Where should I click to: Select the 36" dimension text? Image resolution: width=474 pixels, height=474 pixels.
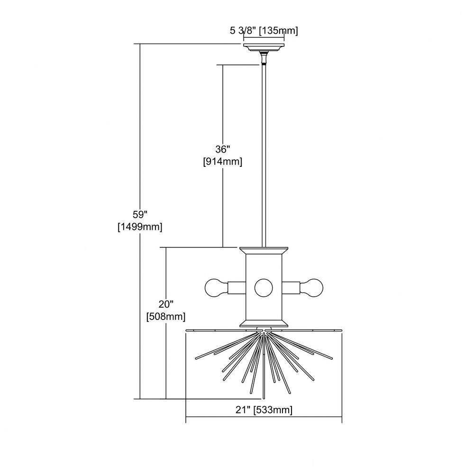[x=222, y=149]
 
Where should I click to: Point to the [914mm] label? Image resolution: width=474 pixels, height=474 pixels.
[x=222, y=162]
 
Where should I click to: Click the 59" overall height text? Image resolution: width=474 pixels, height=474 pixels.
[x=140, y=214]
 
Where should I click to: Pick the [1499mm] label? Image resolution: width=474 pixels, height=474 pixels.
[x=140, y=227]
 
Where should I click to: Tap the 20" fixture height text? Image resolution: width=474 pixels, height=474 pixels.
[x=165, y=304]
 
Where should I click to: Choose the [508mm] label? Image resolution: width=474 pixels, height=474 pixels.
[x=165, y=317]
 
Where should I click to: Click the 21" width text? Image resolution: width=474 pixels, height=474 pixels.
[x=243, y=410]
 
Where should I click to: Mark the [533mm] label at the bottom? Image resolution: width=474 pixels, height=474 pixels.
[x=273, y=410]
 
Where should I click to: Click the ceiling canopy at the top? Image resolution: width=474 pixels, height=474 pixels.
[x=264, y=47]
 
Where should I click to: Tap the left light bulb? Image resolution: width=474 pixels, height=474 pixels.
[x=216, y=288]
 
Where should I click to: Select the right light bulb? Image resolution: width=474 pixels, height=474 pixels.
[x=311, y=288]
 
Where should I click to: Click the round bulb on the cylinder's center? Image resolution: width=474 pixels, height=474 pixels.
[x=264, y=288]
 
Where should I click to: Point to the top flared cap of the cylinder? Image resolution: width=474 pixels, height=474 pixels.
[x=264, y=251]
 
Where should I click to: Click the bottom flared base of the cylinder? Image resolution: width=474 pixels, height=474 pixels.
[x=264, y=324]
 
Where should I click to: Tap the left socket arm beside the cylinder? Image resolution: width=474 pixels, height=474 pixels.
[x=237, y=288]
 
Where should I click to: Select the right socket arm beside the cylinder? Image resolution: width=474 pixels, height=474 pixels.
[x=291, y=288]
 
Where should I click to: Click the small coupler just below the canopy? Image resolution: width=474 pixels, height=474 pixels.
[x=264, y=58]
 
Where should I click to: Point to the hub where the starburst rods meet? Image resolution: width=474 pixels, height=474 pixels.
[x=264, y=333]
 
